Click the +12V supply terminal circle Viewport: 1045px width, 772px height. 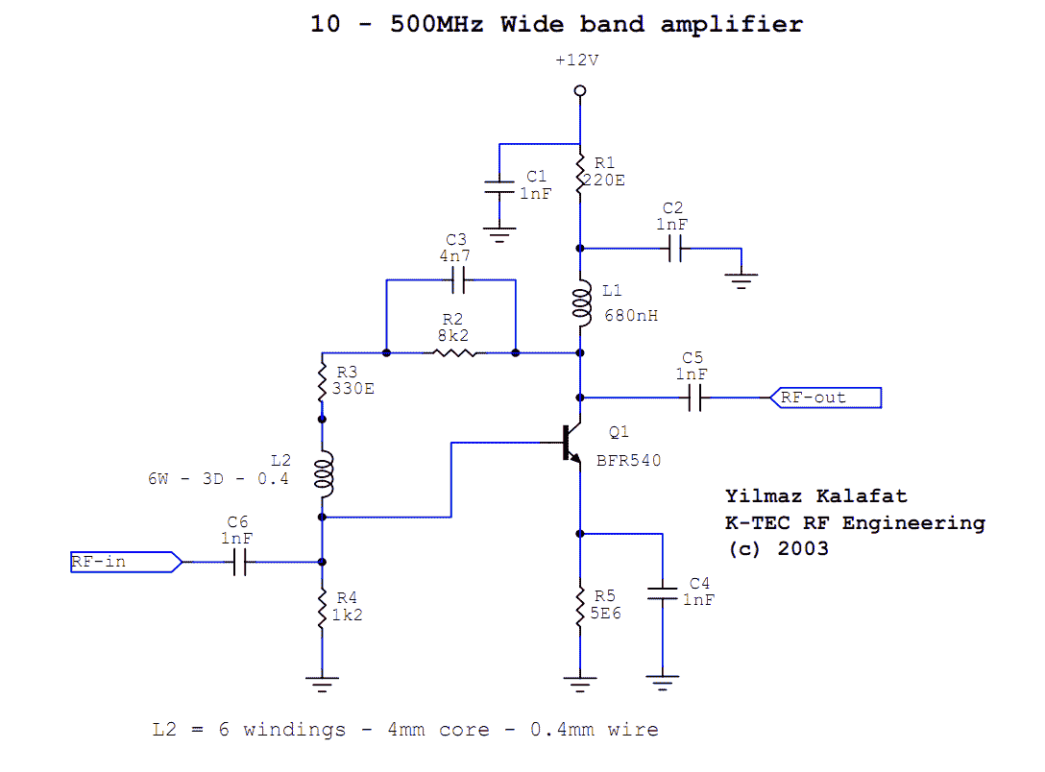580,91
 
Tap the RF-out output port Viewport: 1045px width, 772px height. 825,397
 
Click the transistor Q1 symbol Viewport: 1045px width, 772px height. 572,445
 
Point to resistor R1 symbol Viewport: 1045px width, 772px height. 580,176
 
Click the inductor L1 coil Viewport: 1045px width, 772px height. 580,302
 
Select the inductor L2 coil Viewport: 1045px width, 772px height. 323,474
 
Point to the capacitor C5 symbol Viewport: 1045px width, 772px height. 694,397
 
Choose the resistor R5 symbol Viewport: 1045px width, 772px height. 580,606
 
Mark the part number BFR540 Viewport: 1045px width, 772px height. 629,460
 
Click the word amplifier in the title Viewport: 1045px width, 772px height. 731,24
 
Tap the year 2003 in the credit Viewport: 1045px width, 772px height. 803,549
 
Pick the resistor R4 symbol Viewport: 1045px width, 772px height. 323,607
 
